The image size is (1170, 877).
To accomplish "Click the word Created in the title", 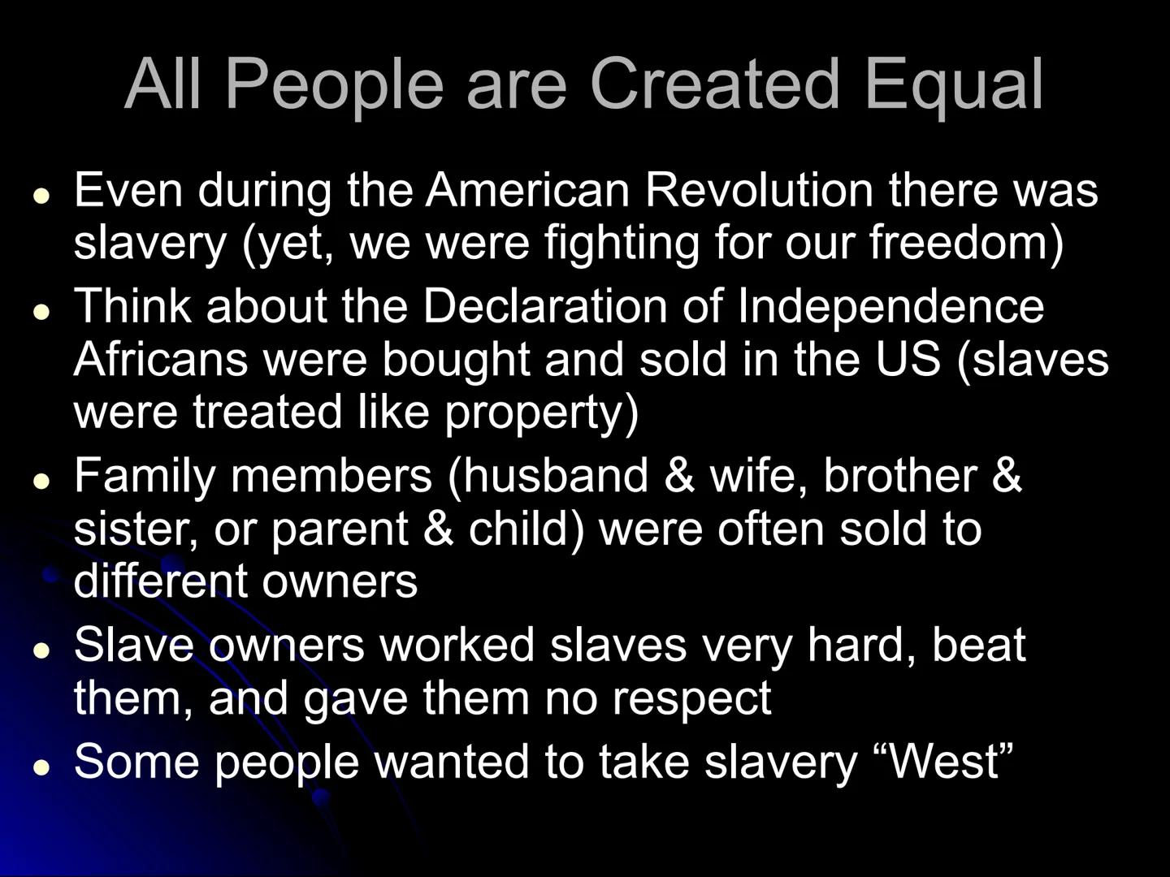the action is [715, 84].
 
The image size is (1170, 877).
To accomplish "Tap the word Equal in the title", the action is [954, 88].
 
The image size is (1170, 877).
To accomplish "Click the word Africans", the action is [161, 360].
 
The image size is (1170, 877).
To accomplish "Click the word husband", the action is [555, 475].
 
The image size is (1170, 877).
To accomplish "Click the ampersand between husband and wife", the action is [679, 475].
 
